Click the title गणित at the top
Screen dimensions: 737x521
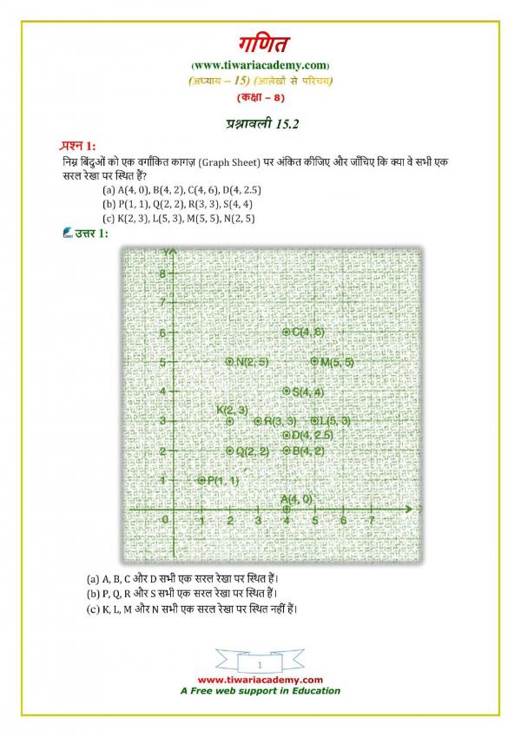pyautogui.click(x=260, y=43)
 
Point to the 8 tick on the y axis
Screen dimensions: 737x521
pyautogui.click(x=162, y=273)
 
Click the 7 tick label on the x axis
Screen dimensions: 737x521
pyautogui.click(x=372, y=520)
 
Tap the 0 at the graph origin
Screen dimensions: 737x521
pyautogui.click(x=167, y=519)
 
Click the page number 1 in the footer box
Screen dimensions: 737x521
pyautogui.click(x=260, y=663)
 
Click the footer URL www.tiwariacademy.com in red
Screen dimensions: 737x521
pyautogui.click(x=260, y=680)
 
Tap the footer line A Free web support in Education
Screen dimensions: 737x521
pyautogui.click(x=260, y=691)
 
